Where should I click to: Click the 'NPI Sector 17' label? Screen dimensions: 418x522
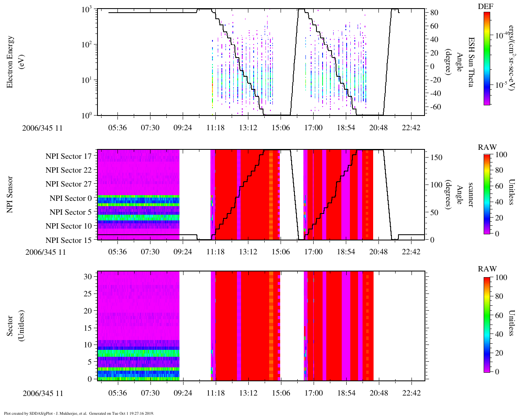click(x=69, y=156)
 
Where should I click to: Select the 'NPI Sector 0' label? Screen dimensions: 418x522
click(x=71, y=198)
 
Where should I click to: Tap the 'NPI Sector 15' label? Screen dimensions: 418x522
click(x=69, y=240)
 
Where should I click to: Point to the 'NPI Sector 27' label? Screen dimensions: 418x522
click(x=69, y=184)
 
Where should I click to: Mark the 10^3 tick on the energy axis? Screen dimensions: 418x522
click(x=86, y=10)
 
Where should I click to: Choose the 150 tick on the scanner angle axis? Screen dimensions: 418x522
click(x=437, y=157)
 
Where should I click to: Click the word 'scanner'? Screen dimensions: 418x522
click(x=470, y=194)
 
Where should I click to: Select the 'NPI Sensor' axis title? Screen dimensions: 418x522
click(x=11, y=194)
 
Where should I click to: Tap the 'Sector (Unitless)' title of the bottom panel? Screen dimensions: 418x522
click(x=15, y=326)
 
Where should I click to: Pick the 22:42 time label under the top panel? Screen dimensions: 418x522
click(x=411, y=128)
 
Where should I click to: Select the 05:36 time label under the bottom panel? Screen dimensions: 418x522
click(x=117, y=393)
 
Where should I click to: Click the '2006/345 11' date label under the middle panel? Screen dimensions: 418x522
click(x=46, y=252)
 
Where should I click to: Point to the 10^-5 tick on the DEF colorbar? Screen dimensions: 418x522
click(x=501, y=85)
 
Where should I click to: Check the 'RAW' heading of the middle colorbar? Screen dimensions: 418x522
click(x=487, y=147)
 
